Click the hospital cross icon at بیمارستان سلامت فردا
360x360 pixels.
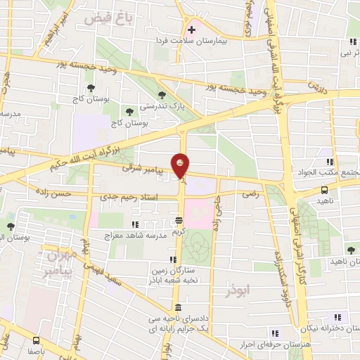(x=191, y=30)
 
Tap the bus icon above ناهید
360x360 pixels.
(x=324, y=189)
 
